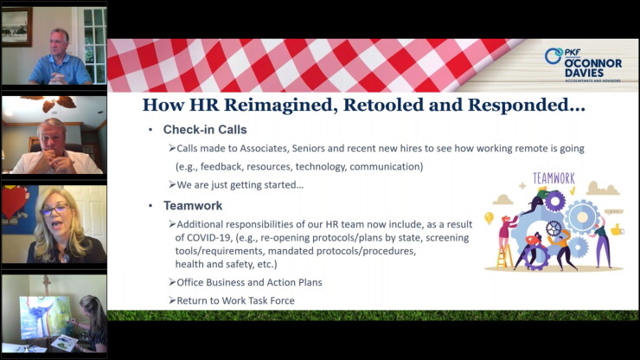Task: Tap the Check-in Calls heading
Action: [x=205, y=130]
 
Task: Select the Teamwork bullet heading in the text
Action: [x=193, y=206]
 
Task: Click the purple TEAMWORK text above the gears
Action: [x=554, y=178]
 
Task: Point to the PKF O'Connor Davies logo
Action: [x=583, y=66]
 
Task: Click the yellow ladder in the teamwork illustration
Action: [x=504, y=255]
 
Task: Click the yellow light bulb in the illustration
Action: [x=489, y=218]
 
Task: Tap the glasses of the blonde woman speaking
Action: [x=55, y=210]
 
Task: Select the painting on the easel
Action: [x=44, y=317]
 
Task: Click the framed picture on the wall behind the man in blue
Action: [x=16, y=27]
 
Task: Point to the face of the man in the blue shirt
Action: [x=60, y=43]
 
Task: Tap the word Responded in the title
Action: [x=527, y=105]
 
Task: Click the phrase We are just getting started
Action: [x=240, y=185]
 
